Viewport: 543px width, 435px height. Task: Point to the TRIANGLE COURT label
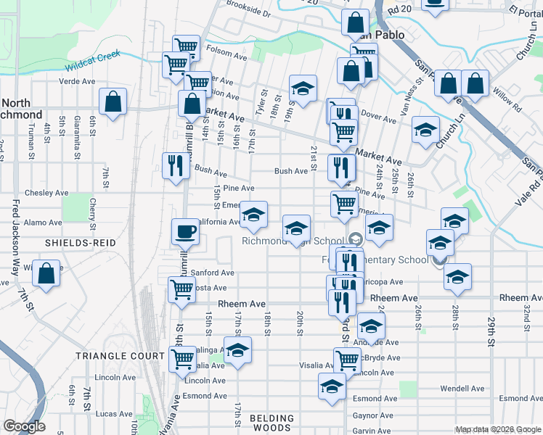[121, 356]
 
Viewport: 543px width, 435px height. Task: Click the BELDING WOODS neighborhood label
[272, 423]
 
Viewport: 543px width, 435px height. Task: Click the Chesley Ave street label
[46, 193]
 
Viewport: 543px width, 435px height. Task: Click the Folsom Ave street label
[226, 52]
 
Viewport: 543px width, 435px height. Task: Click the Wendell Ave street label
[462, 389]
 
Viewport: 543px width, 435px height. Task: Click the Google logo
[24, 426]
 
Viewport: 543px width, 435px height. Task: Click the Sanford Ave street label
[212, 273]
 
